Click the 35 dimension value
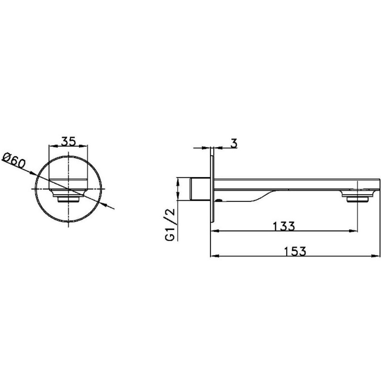(68, 141)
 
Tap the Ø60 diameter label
(14, 160)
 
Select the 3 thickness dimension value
(234, 143)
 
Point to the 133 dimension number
(284, 226)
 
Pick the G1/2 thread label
(170, 224)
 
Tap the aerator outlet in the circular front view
(68, 196)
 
